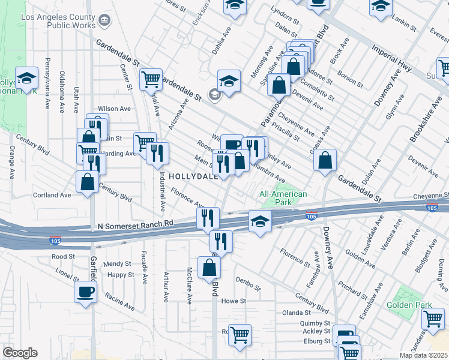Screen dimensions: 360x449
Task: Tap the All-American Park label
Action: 283,198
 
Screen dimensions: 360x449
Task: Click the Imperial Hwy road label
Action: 391,58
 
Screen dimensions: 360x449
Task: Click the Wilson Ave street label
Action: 114,109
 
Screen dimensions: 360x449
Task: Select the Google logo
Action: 20,353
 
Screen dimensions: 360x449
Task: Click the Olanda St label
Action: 297,313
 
